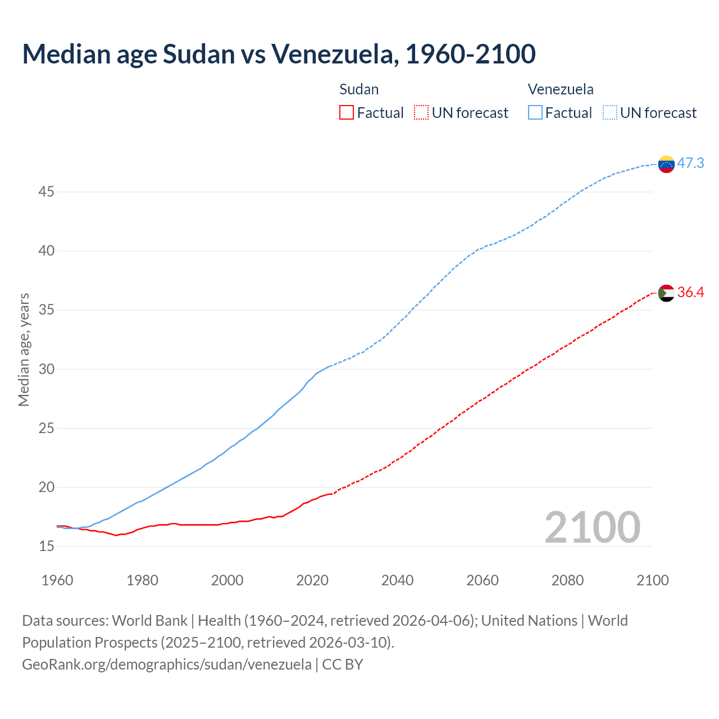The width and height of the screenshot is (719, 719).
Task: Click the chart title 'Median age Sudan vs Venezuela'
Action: click(x=279, y=54)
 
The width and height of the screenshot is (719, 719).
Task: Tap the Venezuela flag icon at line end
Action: click(x=666, y=164)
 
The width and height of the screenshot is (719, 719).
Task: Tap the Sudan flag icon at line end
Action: click(x=666, y=293)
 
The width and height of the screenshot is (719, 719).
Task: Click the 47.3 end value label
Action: click(x=690, y=163)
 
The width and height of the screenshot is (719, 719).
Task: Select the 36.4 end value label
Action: click(x=690, y=292)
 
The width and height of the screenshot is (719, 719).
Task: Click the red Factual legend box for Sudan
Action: click(x=347, y=113)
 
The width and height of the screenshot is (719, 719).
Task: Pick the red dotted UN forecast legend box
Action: click(x=421, y=113)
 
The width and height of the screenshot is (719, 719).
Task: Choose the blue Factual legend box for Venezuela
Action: click(x=535, y=113)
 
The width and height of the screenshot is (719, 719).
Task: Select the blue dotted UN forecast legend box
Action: click(x=609, y=113)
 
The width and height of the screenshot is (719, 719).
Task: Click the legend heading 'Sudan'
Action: click(x=359, y=89)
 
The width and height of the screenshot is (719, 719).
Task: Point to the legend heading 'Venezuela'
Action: click(x=561, y=89)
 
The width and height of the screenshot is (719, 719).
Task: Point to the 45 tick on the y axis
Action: click(x=46, y=192)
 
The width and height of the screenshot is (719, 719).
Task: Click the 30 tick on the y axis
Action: click(x=46, y=369)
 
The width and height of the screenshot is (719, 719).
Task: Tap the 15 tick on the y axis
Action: click(x=46, y=546)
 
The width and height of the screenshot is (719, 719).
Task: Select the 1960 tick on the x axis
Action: click(x=57, y=580)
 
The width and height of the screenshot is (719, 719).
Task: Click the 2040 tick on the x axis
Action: click(x=397, y=580)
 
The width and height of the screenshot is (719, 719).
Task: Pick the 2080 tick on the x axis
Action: click(x=567, y=580)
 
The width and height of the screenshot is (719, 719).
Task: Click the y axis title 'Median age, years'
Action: click(x=24, y=349)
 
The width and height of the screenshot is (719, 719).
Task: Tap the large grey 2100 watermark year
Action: click(x=592, y=527)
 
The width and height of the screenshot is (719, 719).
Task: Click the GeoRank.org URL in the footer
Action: click(x=166, y=665)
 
